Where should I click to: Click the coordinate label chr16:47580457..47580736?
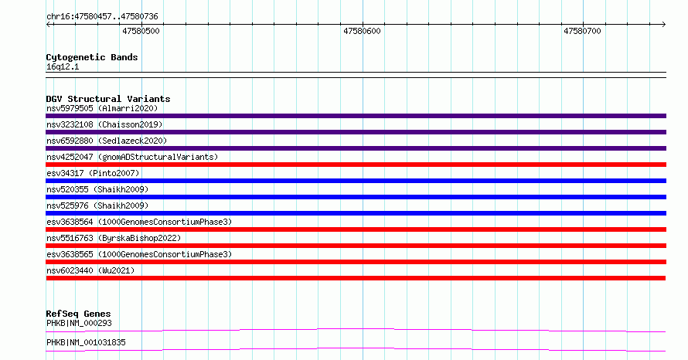click(102, 17)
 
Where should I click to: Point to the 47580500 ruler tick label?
click(141, 31)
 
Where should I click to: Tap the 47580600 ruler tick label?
click(362, 31)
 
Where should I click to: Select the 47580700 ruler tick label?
click(582, 31)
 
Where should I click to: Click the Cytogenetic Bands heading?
click(92, 57)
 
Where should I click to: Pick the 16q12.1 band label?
click(63, 66)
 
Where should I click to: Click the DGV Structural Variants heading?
click(108, 99)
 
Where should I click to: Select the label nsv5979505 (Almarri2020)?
click(102, 108)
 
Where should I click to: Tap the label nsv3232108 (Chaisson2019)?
click(104, 124)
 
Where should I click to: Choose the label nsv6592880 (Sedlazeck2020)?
click(107, 141)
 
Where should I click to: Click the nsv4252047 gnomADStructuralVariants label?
click(132, 157)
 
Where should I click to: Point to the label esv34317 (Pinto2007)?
click(93, 173)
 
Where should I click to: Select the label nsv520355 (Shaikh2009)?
click(97, 189)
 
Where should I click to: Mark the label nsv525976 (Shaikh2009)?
click(97, 205)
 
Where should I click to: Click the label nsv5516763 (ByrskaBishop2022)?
click(114, 238)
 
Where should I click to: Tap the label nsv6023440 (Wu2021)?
click(90, 270)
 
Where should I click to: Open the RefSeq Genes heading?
click(79, 314)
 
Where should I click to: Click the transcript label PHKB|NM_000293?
click(79, 323)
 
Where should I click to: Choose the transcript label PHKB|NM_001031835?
click(86, 342)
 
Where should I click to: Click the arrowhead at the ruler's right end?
click(664, 25)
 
